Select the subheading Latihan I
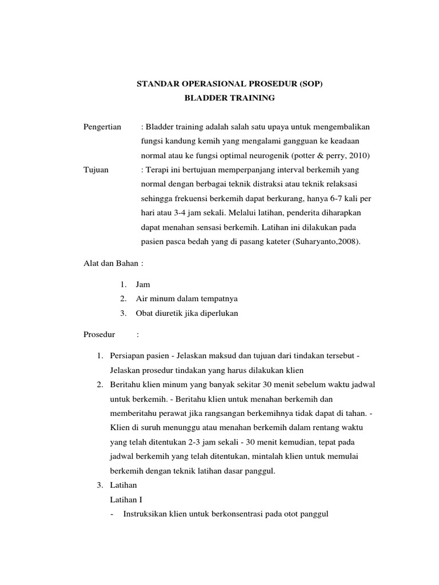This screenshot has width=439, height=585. (125, 499)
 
